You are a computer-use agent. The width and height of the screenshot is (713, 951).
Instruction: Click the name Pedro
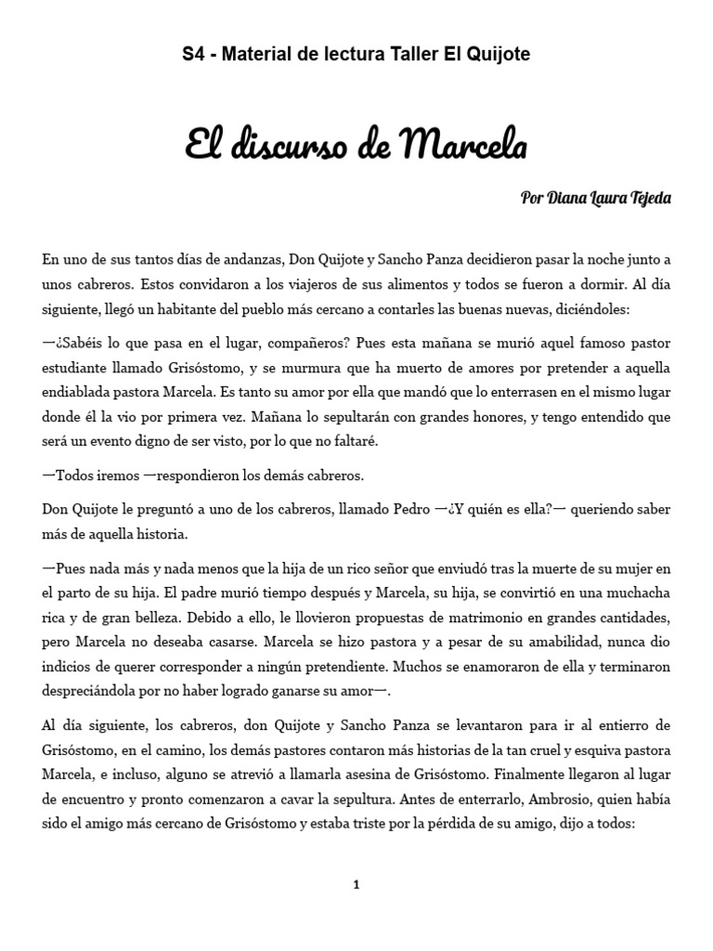408,509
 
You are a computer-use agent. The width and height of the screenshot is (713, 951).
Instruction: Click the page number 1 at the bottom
356,885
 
